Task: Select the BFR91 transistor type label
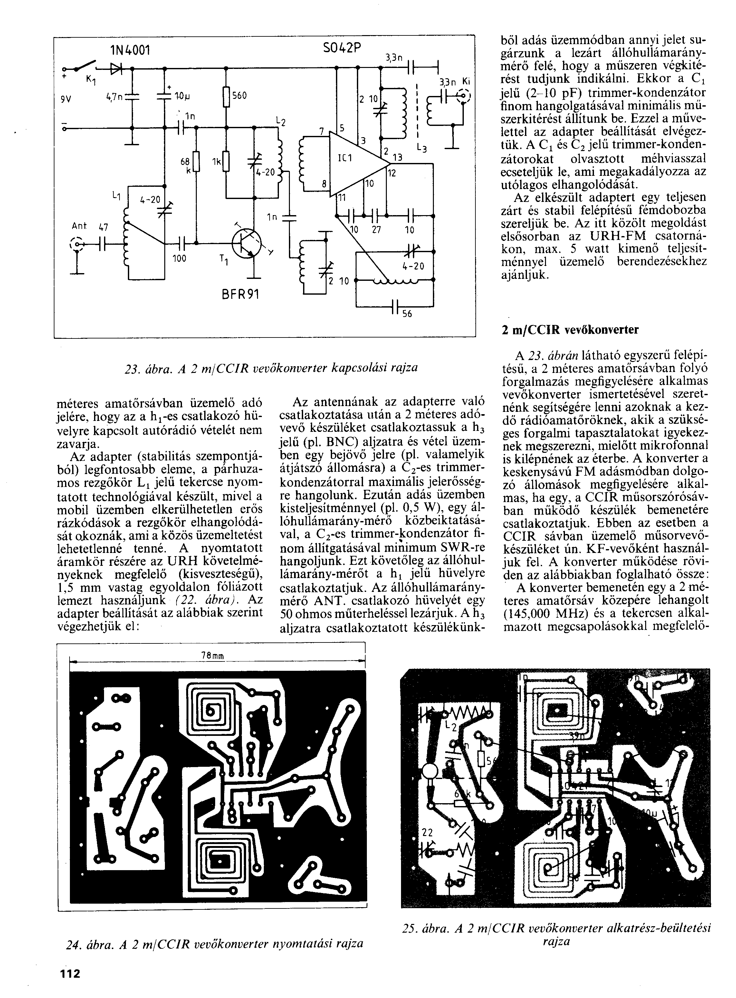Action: [240, 294]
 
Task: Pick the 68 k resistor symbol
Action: [196, 163]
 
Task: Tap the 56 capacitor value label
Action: [407, 314]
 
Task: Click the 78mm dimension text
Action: [212, 656]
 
